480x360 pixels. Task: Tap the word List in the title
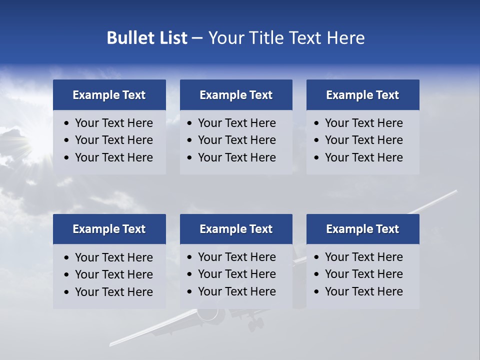[172, 38]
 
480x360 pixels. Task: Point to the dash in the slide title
[197, 38]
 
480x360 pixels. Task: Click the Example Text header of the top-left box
[109, 95]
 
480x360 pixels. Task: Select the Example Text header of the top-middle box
[236, 95]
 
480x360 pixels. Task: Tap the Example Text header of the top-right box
[362, 95]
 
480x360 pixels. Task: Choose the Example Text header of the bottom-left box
[109, 229]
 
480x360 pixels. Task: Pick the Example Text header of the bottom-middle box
[236, 229]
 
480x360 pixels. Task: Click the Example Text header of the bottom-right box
[362, 229]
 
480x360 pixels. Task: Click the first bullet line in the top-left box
[113, 123]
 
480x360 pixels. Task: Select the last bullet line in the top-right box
[363, 157]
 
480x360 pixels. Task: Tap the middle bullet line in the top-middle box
[236, 140]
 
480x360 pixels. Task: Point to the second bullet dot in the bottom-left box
[67, 274]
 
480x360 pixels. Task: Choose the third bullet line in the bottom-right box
[363, 291]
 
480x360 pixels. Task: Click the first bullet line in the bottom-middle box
[236, 257]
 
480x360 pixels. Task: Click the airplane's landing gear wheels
[255, 324]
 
